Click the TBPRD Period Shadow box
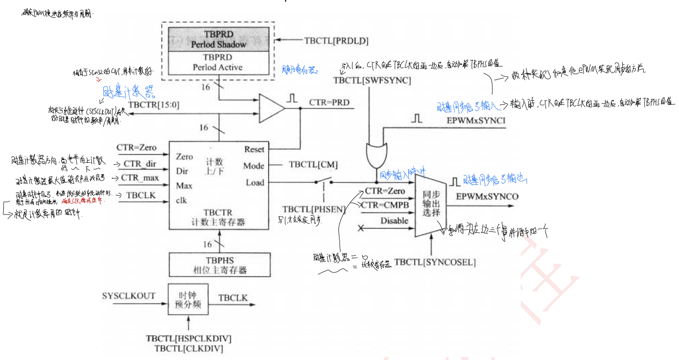tap(218, 39)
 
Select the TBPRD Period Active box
tap(218, 63)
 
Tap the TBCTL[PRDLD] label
tap(336, 40)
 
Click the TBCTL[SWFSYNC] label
tap(372, 81)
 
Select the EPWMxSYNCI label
tap(476, 121)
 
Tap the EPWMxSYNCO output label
tap(487, 196)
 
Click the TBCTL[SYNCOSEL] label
tap(435, 263)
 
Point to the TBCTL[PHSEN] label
tap(314, 210)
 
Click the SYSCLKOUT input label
tap(129, 296)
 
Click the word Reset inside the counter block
tap(254, 149)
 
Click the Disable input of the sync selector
tap(394, 221)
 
